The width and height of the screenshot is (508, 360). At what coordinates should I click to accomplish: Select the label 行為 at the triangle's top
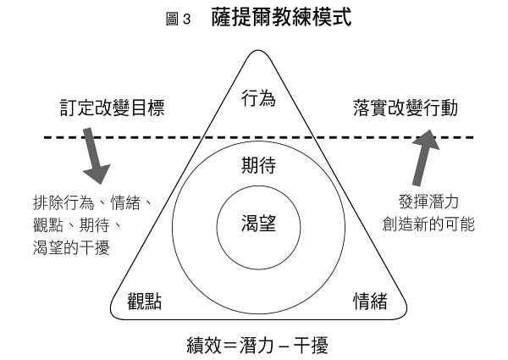tap(258, 98)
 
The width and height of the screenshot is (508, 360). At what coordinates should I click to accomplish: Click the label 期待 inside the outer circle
tap(258, 165)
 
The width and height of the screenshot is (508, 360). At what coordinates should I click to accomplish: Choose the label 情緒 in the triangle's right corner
tap(370, 302)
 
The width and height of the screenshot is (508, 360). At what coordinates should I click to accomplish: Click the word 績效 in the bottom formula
tap(203, 345)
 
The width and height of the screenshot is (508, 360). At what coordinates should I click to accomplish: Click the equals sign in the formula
tap(229, 345)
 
